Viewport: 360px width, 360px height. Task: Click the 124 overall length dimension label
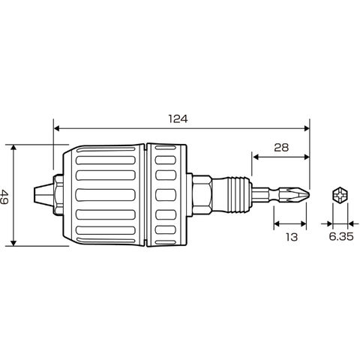tap(178, 119)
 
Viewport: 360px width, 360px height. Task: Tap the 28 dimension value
tap(281, 148)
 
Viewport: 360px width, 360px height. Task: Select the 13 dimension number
tap(292, 237)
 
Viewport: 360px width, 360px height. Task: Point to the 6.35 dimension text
tap(341, 236)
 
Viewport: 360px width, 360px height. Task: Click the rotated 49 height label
tap(4, 197)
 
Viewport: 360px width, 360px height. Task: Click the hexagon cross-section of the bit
tap(340, 195)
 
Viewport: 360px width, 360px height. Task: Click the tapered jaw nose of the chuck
tap(43, 194)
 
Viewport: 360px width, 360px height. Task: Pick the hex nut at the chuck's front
tap(58, 194)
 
